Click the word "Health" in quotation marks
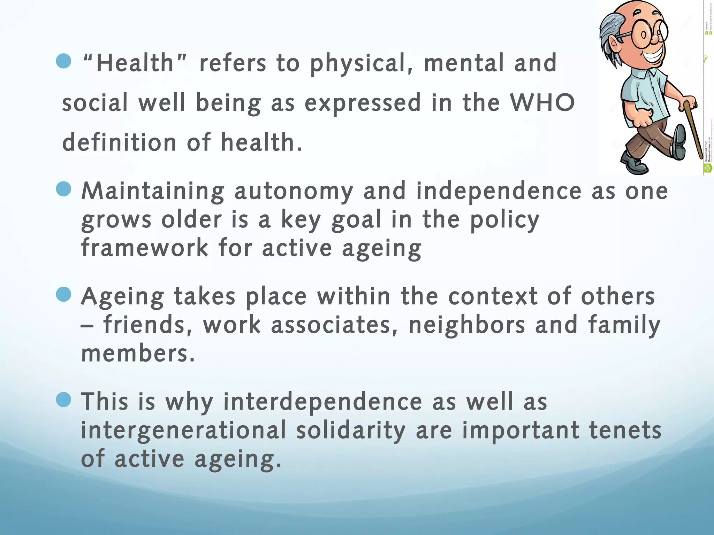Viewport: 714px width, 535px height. (135, 63)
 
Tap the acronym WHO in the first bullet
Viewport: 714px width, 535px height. (542, 103)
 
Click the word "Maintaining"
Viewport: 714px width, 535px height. (153, 191)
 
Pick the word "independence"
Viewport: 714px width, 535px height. (499, 191)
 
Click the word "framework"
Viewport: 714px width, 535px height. (145, 248)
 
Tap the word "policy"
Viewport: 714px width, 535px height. (504, 220)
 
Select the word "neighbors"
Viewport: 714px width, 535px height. (466, 325)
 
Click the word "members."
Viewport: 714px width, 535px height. (138, 353)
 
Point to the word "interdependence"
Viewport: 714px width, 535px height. (322, 402)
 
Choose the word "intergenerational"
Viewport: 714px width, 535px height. (183, 430)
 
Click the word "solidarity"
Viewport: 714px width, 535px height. (351, 430)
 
